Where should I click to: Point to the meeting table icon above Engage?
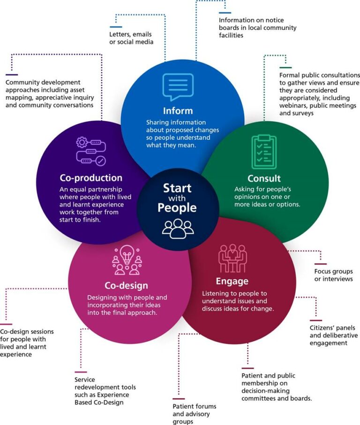[x=232, y=258]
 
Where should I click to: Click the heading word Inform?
[x=178, y=111]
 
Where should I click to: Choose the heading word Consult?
[x=264, y=179]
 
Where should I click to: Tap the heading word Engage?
[x=232, y=281]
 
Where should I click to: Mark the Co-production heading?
[x=91, y=178]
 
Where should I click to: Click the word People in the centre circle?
[x=177, y=207]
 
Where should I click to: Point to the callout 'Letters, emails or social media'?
[x=132, y=38]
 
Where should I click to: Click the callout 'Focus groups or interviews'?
[x=333, y=275]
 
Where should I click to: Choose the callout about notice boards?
[x=258, y=28]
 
